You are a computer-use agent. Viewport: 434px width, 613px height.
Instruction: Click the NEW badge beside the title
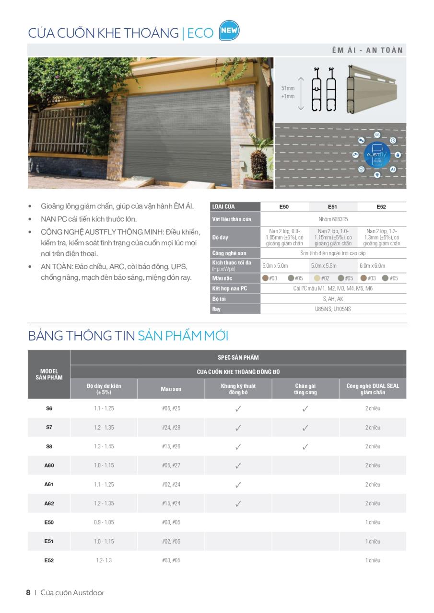[229, 31]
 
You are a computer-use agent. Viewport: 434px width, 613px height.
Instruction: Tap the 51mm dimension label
[288, 88]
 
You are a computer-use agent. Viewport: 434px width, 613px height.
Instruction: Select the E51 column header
[333, 207]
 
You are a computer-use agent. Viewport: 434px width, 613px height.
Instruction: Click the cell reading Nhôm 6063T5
[332, 219]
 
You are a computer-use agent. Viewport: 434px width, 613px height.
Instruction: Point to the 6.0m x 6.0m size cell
[373, 265]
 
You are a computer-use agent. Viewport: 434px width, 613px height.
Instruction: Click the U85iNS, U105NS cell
[332, 309]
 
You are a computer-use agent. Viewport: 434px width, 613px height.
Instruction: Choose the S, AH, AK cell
[332, 299]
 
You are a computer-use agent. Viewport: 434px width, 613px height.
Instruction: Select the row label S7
[49, 427]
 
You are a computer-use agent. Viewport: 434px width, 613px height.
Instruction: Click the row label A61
[49, 484]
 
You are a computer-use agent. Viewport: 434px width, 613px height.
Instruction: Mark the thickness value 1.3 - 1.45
[104, 446]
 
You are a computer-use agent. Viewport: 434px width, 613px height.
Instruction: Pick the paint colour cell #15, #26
[171, 446]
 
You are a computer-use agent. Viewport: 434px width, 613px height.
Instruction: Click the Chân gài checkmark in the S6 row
[305, 409]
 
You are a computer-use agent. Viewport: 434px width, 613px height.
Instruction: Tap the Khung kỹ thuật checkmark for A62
[238, 503]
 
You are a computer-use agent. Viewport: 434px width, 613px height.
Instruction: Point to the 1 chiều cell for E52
[373, 560]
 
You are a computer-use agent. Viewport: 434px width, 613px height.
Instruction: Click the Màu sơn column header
[171, 389]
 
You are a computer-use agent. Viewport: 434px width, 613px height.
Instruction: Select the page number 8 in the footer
[28, 592]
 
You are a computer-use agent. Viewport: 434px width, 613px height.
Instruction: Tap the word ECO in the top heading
[200, 33]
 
